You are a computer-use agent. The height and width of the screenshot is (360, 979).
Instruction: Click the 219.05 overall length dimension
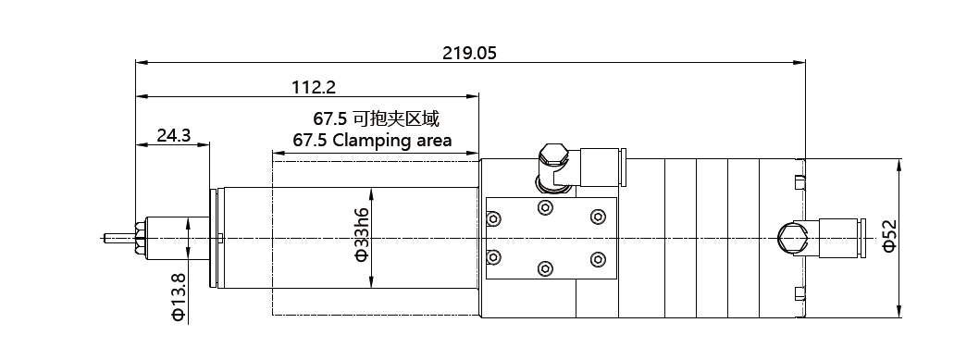coord(469,53)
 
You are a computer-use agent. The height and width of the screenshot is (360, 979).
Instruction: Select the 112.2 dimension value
coord(314,87)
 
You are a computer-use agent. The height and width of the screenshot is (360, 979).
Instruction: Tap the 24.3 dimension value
coord(174,135)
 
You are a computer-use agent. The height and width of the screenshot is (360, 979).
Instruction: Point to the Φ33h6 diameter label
coord(362,235)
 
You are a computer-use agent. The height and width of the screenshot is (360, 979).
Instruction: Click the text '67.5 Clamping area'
coord(372,141)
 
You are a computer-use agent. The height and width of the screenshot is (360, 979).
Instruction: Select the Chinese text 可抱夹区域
coord(396,118)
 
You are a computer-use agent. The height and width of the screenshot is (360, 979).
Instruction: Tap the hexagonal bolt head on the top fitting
coord(553,154)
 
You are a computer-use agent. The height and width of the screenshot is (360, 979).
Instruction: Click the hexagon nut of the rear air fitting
coord(791,238)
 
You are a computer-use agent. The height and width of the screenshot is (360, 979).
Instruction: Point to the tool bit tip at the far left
coord(105,238)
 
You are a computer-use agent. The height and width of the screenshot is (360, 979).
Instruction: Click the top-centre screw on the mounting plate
coord(545,207)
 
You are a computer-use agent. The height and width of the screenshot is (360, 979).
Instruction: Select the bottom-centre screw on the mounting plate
coord(545,268)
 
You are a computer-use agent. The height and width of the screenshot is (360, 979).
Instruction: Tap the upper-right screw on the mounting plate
coord(598,217)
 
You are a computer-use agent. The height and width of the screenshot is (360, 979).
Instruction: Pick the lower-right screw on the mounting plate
coord(598,259)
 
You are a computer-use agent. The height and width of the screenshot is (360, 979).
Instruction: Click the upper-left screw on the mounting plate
coord(493,218)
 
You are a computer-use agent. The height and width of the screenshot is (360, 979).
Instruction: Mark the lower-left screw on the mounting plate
coord(493,256)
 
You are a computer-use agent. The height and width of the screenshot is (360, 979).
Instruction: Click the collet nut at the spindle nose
coord(140,238)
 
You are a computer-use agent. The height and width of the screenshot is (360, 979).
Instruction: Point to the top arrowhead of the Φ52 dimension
coord(899,165)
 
